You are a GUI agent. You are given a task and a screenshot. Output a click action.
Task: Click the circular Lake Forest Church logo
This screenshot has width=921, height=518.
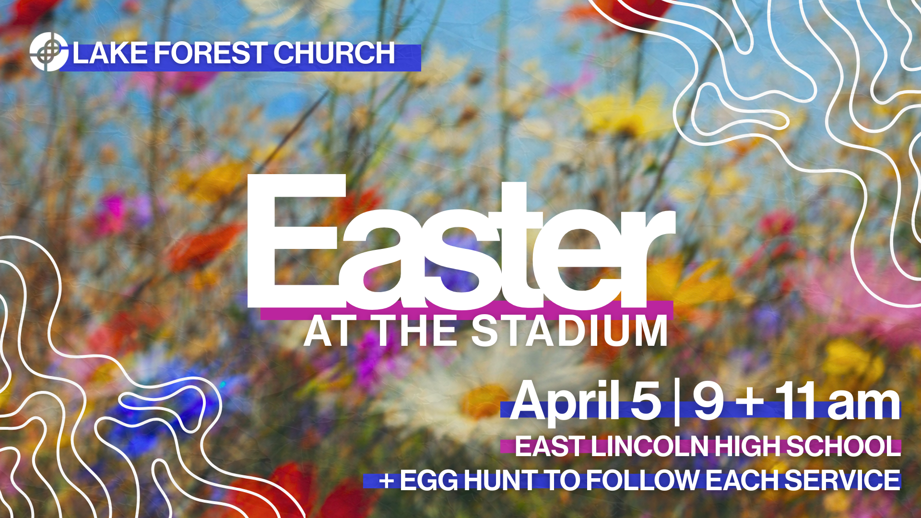48,52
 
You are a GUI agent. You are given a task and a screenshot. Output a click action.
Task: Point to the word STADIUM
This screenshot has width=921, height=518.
570,331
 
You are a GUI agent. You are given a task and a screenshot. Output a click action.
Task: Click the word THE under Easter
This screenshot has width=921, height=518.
416,331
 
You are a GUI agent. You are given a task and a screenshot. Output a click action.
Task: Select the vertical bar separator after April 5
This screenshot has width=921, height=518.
677,402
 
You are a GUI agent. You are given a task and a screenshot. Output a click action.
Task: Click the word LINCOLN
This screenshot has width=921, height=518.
649,447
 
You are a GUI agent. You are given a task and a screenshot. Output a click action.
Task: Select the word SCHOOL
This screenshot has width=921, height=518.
843,447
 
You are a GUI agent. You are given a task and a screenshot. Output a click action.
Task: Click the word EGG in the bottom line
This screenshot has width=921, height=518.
429,481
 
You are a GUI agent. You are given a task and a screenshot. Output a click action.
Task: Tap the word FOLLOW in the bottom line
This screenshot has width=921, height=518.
642,481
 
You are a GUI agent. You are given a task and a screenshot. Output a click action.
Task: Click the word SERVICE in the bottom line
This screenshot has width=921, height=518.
842,481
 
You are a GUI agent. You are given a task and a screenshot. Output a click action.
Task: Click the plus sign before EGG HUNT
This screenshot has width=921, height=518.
386,481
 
